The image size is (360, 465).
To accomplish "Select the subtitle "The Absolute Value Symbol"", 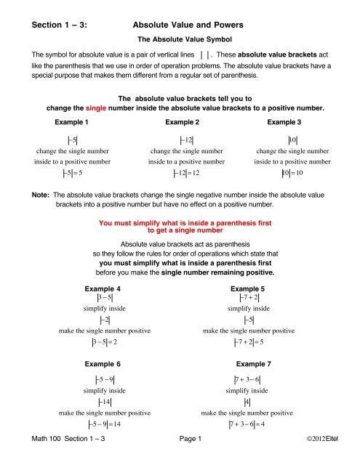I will pos(180,40).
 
